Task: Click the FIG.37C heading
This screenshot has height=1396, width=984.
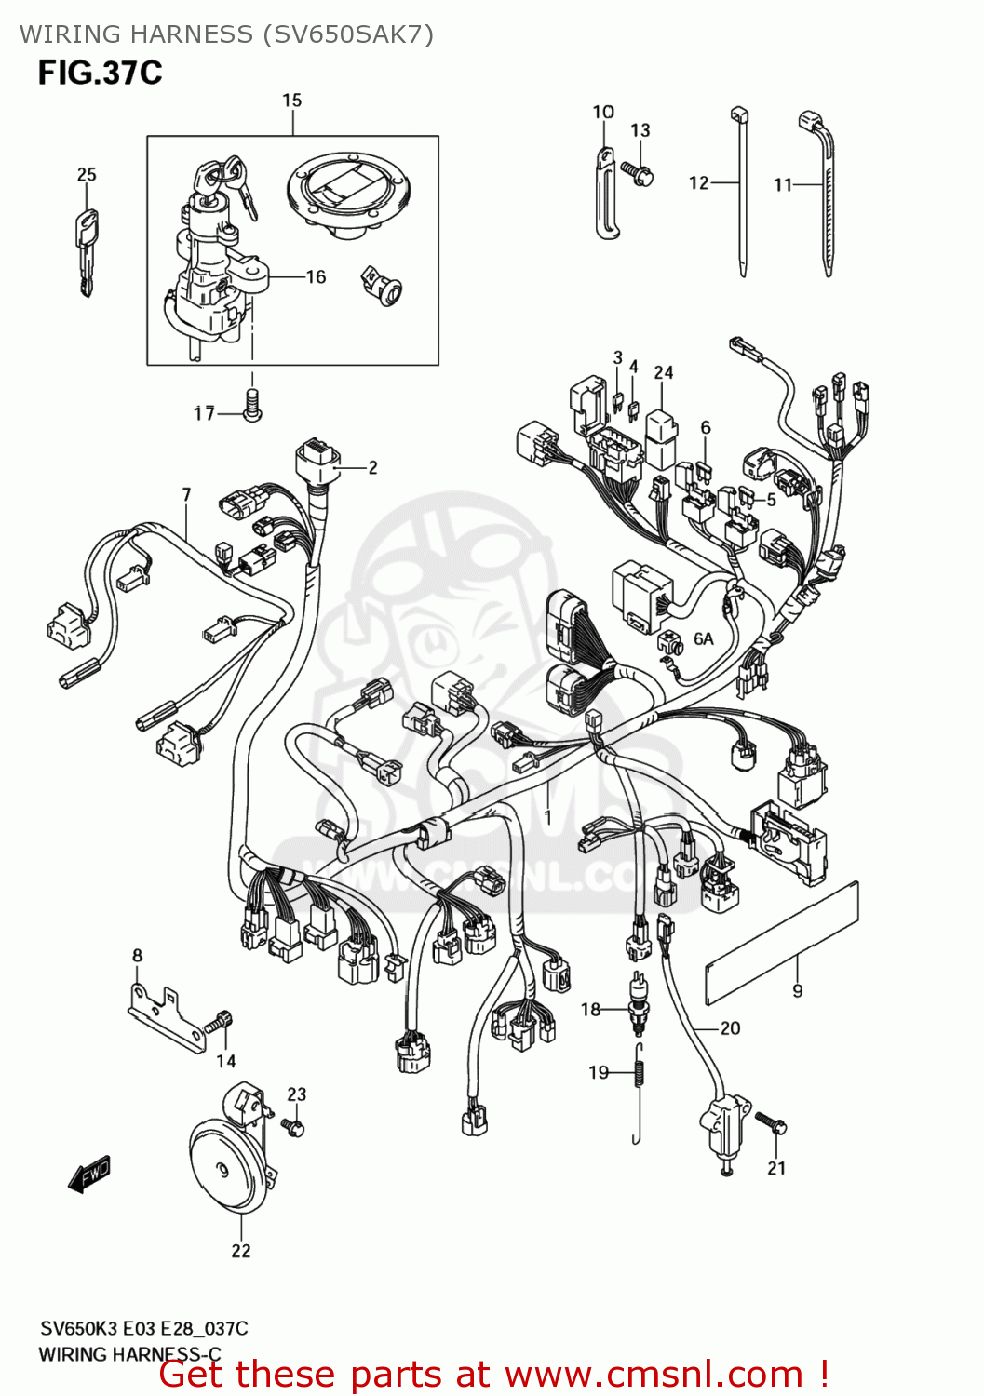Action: pyautogui.click(x=100, y=73)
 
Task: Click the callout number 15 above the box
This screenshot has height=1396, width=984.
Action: pyautogui.click(x=291, y=101)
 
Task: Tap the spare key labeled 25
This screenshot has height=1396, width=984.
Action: pyautogui.click(x=86, y=246)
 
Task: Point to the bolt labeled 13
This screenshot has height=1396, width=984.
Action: pyautogui.click(x=640, y=174)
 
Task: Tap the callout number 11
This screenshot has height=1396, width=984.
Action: pyautogui.click(x=782, y=185)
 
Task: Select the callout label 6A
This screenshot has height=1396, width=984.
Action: pyautogui.click(x=704, y=638)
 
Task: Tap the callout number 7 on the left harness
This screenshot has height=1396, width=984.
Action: pyautogui.click(x=186, y=495)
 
